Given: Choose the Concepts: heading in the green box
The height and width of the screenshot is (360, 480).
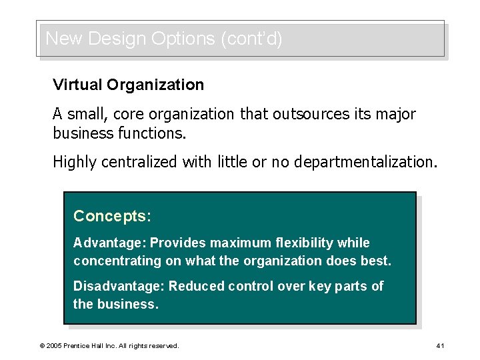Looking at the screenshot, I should (x=112, y=216).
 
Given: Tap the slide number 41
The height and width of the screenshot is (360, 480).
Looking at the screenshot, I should (x=440, y=346).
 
